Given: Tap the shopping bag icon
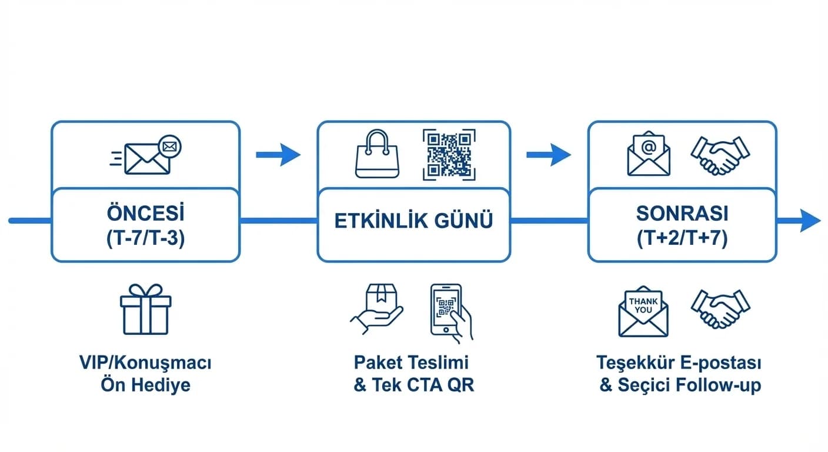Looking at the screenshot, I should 377,155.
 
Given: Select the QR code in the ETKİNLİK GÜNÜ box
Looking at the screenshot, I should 449,155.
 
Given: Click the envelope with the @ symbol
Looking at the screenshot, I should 648,155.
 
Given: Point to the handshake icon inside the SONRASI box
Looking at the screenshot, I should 720,155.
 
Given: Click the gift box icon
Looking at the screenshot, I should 145,310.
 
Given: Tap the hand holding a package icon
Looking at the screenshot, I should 377,310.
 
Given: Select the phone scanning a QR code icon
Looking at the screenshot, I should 450,311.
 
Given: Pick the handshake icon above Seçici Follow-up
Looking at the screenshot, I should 720,309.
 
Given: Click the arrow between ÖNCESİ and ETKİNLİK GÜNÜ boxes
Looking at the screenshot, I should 278,155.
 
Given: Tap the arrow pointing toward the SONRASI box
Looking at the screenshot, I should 548,155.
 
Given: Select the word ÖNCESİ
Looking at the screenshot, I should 145,212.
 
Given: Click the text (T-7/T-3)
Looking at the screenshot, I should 145,239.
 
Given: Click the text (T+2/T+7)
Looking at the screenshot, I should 682,239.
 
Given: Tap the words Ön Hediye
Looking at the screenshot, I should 145,385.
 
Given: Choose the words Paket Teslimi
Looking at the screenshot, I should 412,361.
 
